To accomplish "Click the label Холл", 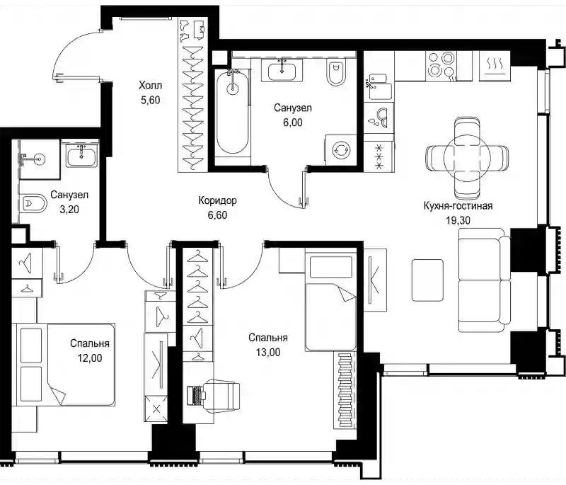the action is click(150, 86).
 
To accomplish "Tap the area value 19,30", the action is click(458, 220).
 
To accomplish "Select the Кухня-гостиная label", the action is click(458, 206).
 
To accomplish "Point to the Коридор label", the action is click(217, 200).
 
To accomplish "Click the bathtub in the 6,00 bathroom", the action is click(233, 113).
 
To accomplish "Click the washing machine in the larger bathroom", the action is click(341, 150).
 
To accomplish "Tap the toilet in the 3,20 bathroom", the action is click(33, 204).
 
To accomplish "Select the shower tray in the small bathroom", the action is click(39, 159).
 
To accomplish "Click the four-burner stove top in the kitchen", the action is click(441, 66).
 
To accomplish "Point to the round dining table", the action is click(467, 157).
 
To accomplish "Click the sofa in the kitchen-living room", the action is click(485, 280).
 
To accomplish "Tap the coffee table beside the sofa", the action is click(427, 280).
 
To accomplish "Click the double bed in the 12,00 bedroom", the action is click(63, 365).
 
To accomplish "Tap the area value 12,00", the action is click(90, 358).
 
